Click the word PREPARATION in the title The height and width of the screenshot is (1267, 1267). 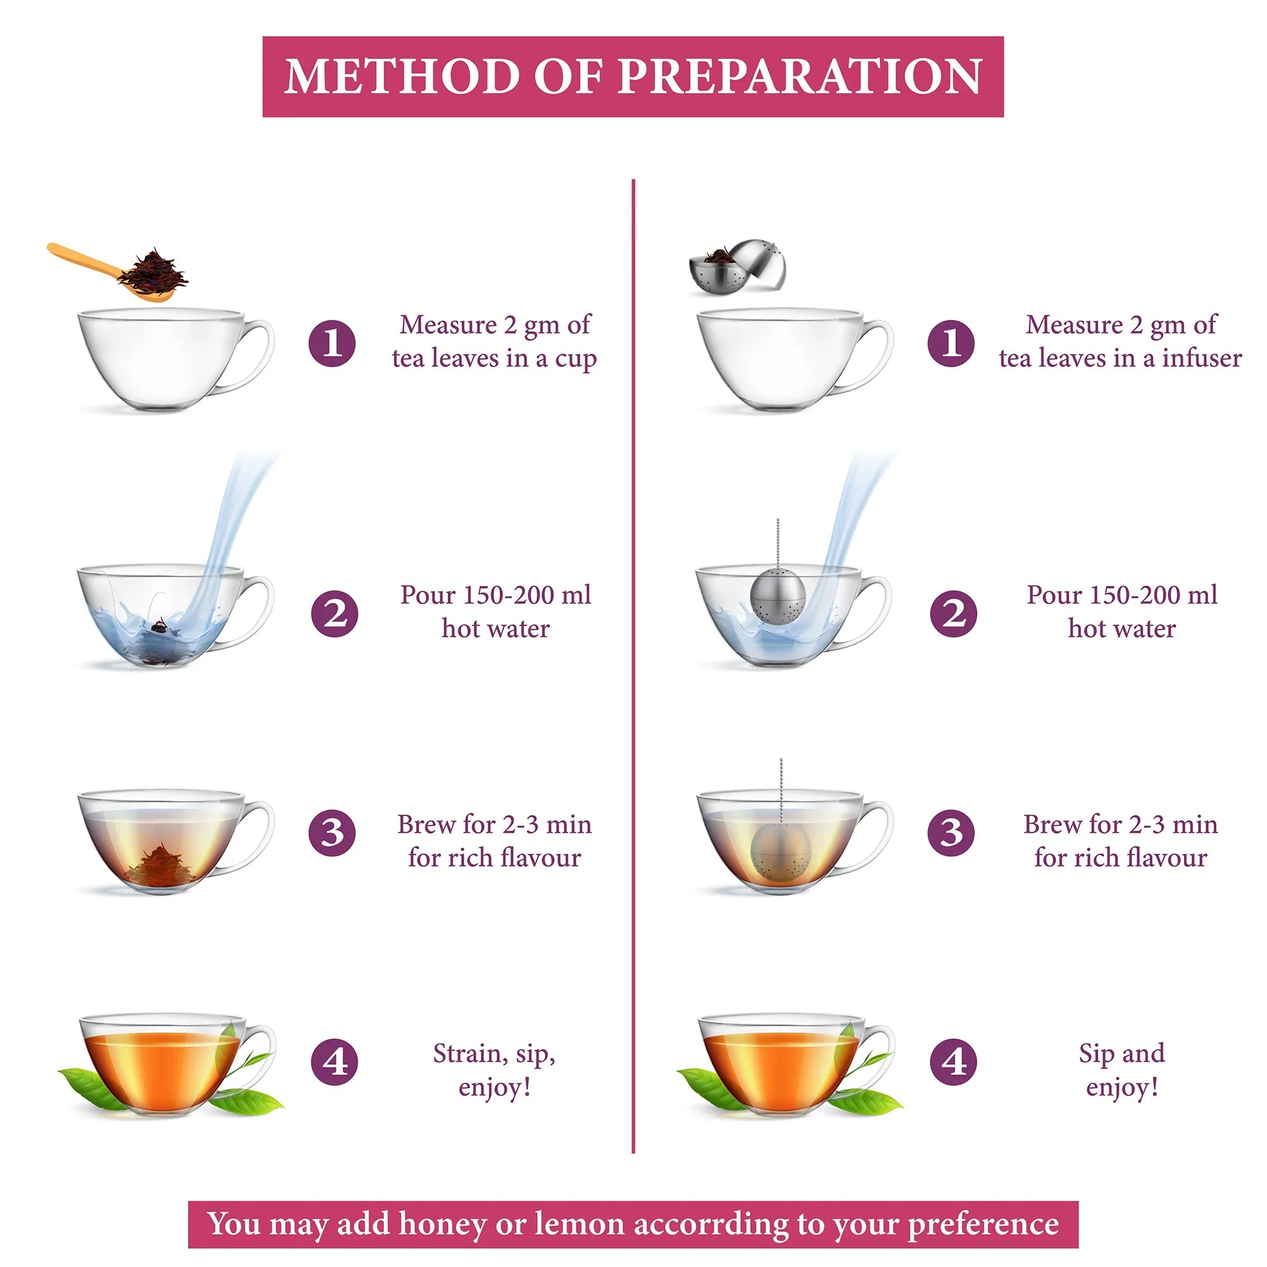799,77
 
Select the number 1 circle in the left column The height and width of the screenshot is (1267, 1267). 333,342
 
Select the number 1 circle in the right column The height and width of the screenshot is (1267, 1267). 951,342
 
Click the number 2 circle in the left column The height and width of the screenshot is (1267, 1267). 334,614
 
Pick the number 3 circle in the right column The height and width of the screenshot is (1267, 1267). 951,833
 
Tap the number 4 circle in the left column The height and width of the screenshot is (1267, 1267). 334,1061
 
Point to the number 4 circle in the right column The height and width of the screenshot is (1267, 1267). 953,1061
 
